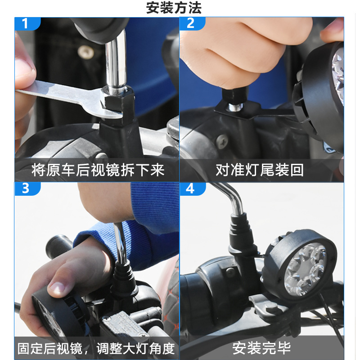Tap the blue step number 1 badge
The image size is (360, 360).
point(25,23)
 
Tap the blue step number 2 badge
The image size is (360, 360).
point(190,23)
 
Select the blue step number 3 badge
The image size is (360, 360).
point(25,188)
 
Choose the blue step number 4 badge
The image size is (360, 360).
point(190,188)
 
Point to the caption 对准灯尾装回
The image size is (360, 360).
point(260,170)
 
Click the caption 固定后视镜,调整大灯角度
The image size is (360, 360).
point(96,348)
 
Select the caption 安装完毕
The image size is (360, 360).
point(261,348)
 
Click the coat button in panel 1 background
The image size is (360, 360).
point(85,52)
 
